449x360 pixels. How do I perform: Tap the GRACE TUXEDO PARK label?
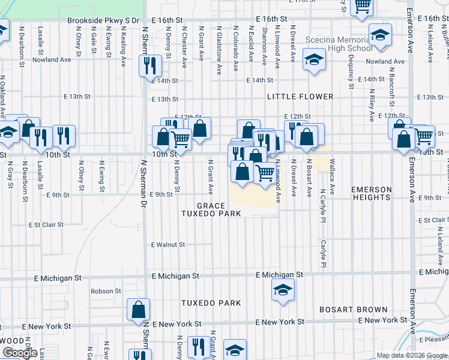(x=212, y=209)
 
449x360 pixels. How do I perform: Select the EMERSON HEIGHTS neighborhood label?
(x=371, y=193)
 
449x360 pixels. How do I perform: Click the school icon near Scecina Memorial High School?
(x=313, y=60)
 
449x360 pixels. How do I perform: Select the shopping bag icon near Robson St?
(x=138, y=310)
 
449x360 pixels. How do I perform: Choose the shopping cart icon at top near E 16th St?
(x=362, y=7)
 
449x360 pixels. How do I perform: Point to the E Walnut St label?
(x=168, y=245)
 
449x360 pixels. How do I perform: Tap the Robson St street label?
(x=106, y=291)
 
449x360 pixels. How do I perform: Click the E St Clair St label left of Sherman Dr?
(x=46, y=225)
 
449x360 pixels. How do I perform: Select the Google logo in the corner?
(x=20, y=353)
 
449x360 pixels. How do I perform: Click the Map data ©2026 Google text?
(x=411, y=355)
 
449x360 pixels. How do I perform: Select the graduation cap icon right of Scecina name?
(x=379, y=35)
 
